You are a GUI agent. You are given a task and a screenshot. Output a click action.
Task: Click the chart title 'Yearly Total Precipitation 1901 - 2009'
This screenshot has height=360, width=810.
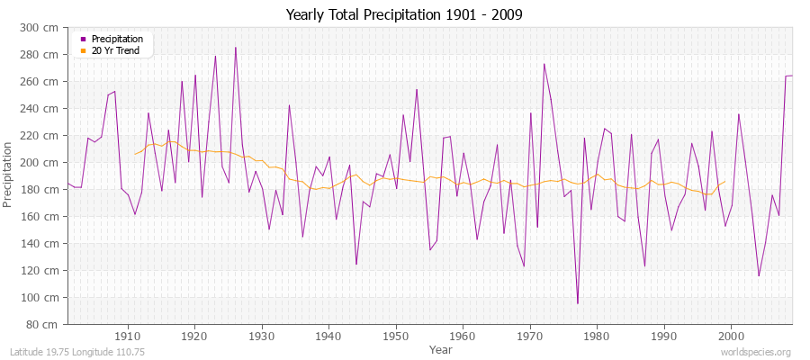(404, 14)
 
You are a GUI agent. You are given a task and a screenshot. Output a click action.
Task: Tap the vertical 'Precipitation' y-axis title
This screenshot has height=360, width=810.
(9, 175)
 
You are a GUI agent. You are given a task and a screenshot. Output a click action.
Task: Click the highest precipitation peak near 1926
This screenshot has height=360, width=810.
(236, 48)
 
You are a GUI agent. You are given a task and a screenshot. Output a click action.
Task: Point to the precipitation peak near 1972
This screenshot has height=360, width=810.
(544, 64)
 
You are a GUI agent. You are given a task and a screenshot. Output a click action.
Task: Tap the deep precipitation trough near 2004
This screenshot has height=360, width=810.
(759, 275)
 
